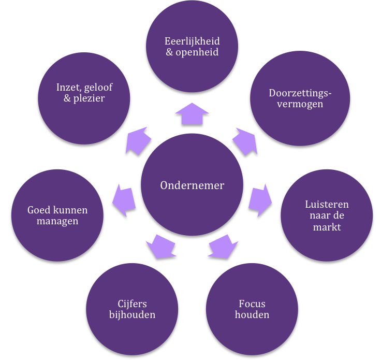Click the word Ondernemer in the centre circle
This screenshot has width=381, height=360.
[192, 185]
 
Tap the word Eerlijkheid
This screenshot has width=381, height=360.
[192, 41]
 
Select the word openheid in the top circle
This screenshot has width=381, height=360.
[197, 52]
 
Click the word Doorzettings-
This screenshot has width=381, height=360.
[300, 94]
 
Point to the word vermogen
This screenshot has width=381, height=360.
[300, 104]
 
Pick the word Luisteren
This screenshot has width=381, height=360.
[327, 205]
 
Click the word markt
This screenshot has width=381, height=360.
[327, 227]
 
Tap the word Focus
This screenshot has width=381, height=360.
[252, 304]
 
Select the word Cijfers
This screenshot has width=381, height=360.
[132, 304]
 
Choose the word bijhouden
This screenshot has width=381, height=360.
[132, 315]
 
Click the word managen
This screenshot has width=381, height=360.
[57, 221]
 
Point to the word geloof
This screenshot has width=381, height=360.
[98, 88]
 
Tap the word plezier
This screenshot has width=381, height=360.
[89, 98]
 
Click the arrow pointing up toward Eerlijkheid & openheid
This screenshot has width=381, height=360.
[192, 114]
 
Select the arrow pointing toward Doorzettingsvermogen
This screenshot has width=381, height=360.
[245, 141]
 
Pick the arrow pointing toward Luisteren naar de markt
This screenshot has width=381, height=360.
[260, 200]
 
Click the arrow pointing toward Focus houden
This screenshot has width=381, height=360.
[223, 246]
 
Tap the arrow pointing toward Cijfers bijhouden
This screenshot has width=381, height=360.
[161, 246]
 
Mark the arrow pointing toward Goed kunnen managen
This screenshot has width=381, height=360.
[124, 200]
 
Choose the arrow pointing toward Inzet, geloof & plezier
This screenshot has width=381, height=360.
[138, 141]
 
